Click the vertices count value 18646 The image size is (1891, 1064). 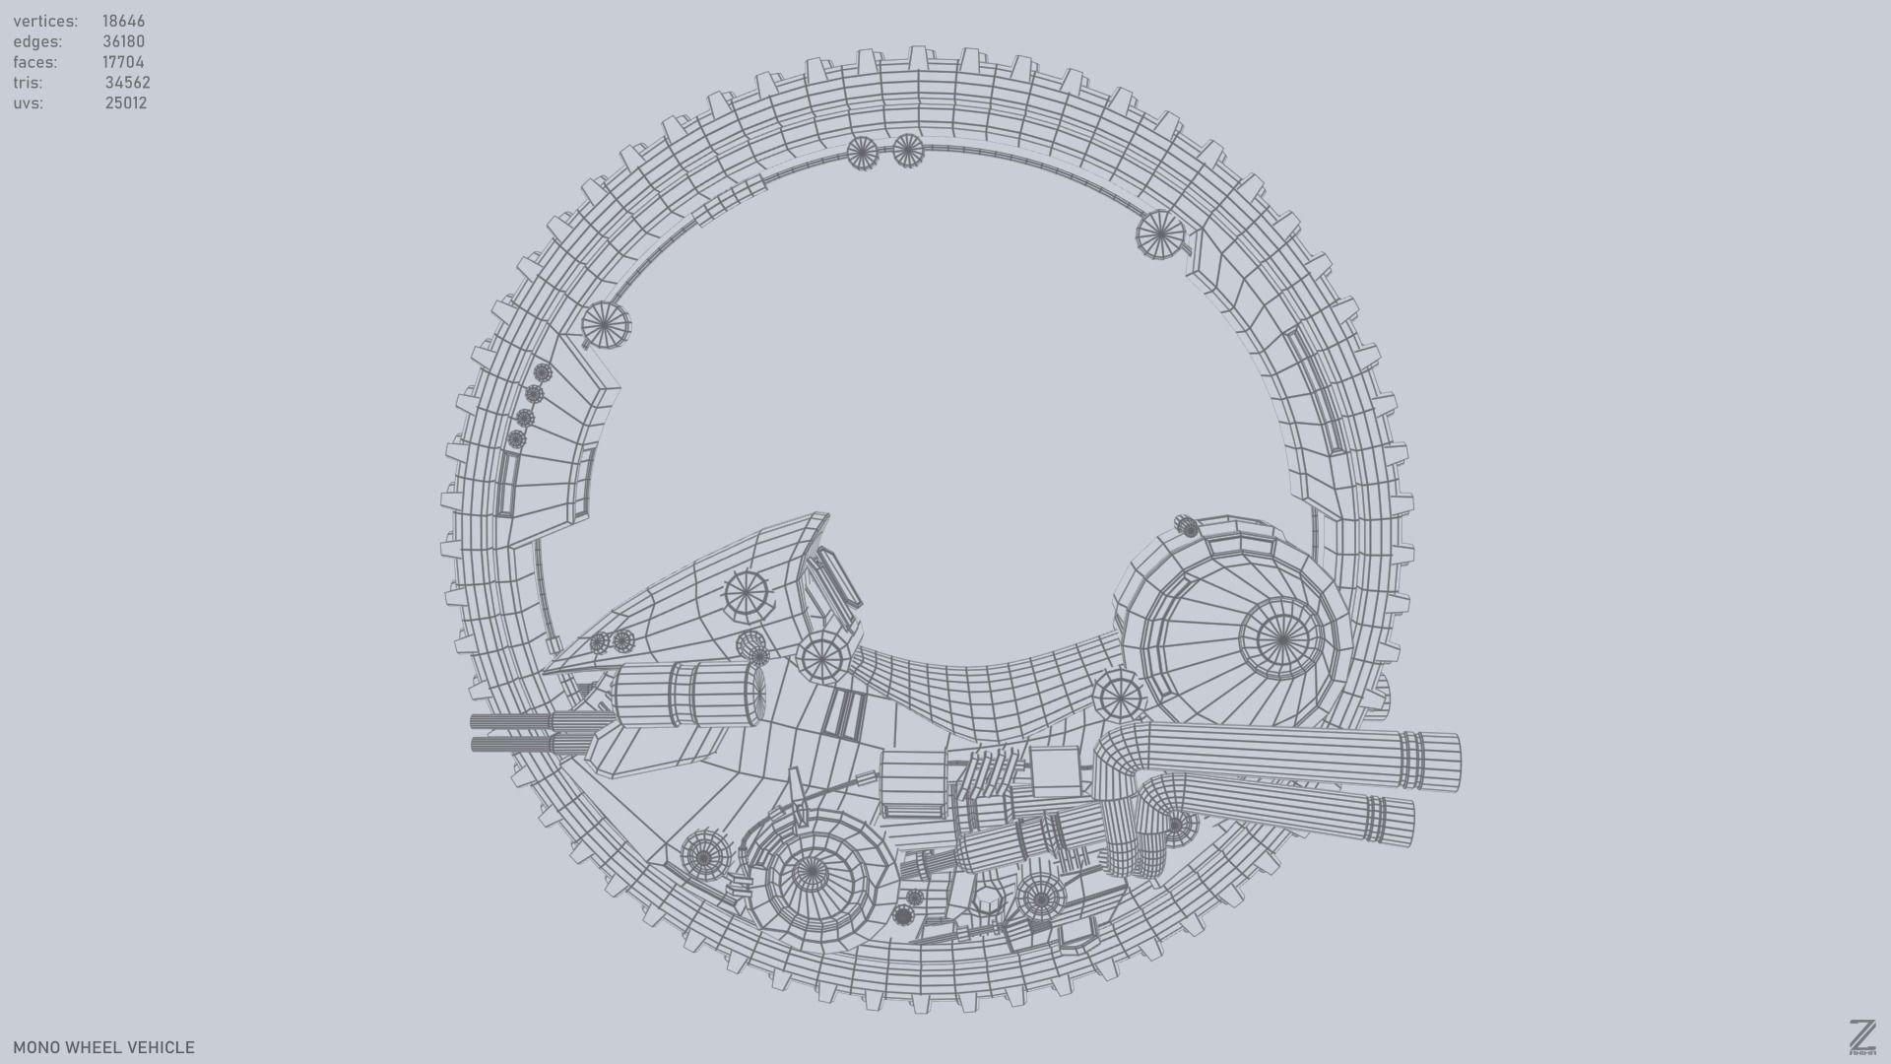coord(123,21)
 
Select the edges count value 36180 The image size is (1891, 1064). coord(123,41)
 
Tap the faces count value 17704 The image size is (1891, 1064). coord(123,62)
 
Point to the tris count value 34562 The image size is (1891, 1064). coord(127,83)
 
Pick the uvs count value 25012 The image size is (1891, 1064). coord(126,103)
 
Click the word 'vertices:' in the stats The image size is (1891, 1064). coord(45,21)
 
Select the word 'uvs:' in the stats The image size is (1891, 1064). coord(29,103)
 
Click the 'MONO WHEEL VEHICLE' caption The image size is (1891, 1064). coord(103,1047)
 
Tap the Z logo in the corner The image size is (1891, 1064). coord(1861,1037)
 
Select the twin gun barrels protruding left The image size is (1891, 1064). coord(512,732)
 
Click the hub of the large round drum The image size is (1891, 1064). coord(1281,639)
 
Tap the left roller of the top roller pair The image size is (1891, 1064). coord(862,152)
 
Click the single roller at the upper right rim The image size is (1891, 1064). coord(1160,235)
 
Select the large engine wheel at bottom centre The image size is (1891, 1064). coord(810,873)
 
